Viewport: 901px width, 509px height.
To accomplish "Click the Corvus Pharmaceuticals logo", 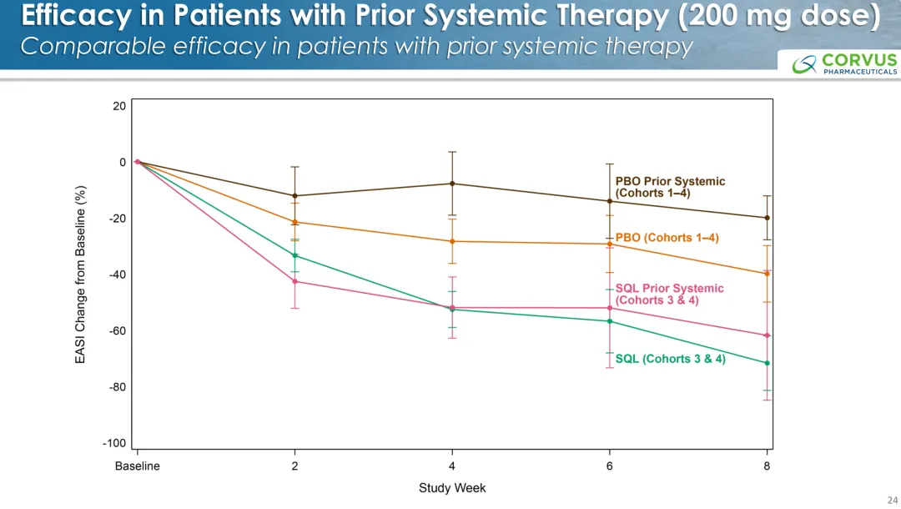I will pos(844,63).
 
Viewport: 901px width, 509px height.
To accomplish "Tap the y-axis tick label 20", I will pos(119,106).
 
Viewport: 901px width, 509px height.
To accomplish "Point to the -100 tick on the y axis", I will pos(114,444).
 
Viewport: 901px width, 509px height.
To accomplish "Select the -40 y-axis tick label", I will pos(117,275).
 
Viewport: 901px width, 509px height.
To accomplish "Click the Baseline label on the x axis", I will pos(137,466).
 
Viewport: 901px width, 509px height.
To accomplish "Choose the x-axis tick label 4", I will pos(452,466).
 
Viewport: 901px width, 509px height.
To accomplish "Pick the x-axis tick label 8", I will pos(767,466).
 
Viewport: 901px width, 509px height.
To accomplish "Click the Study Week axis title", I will pos(452,488).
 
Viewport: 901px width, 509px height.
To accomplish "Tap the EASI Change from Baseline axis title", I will pos(81,274).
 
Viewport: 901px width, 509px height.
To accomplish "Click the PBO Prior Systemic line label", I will pos(670,187).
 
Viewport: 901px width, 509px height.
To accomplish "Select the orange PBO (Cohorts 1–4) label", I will pos(667,238).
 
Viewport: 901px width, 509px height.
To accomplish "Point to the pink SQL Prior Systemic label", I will pos(669,294).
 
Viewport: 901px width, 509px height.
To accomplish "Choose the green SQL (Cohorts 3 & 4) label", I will pos(670,359).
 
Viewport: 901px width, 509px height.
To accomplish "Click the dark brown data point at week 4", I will pos(452,184).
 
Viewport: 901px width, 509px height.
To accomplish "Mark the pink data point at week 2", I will pos(294,281).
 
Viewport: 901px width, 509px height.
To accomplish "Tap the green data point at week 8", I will pos(767,363).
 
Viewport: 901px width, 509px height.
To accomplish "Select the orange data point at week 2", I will pos(294,222).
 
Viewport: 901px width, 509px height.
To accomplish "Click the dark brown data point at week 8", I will pos(767,218).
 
